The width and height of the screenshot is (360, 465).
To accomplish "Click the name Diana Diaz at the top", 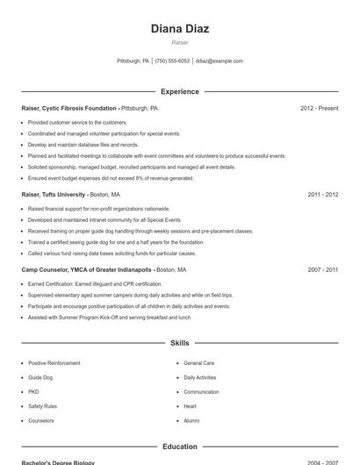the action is tap(179, 29).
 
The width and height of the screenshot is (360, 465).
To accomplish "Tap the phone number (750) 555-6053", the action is tap(173, 61).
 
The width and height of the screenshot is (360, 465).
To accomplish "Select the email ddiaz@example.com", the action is tap(219, 61).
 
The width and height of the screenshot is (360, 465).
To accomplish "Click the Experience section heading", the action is tap(179, 91).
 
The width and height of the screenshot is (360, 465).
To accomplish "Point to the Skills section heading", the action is tap(179, 343).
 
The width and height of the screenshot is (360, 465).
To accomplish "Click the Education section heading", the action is tap(179, 447).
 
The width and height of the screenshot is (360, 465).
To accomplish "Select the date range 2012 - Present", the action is tap(319, 109).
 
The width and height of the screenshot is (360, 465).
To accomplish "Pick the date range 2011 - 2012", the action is tap(322, 195).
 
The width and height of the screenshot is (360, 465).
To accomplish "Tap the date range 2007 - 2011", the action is tap(322, 270).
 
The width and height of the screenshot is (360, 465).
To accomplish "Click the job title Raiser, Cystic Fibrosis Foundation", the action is tap(68, 109).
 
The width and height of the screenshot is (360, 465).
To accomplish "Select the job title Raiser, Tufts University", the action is tap(54, 195).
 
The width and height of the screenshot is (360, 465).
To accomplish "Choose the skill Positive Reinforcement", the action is tap(54, 363).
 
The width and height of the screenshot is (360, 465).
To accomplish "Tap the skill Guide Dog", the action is tap(40, 377).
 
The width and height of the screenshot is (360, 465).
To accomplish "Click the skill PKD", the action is tap(33, 392).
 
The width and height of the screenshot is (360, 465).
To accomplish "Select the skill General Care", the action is tap(198, 363).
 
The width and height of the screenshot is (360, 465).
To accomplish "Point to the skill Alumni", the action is tap(191, 421).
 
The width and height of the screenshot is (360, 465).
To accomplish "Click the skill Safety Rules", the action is tap(42, 406).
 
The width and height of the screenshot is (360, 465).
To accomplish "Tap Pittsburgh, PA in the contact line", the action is tap(133, 61).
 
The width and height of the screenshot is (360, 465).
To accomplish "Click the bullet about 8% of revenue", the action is tap(111, 178).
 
